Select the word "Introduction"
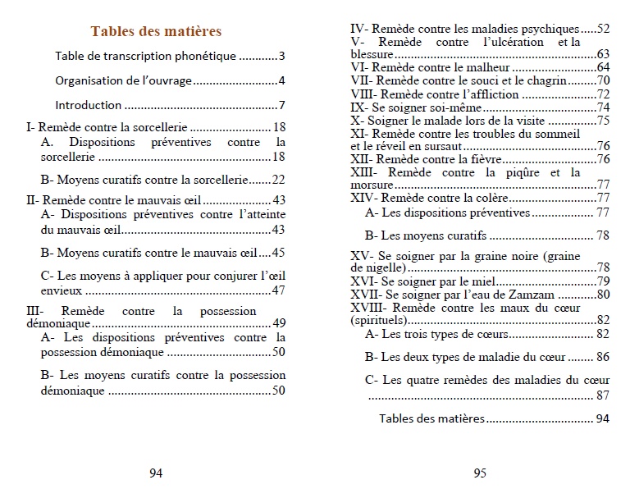coord(89,105)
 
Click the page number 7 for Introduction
coord(281,105)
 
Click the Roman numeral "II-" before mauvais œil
coord(33,199)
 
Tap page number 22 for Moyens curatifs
coord(278,180)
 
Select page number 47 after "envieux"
coord(278,290)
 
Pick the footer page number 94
coord(156,472)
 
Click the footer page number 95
coord(481,472)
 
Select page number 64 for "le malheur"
coord(603,67)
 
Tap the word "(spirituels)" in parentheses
coord(380,320)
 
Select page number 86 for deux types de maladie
coord(603,357)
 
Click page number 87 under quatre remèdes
coord(603,395)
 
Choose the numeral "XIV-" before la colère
coord(367,198)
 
